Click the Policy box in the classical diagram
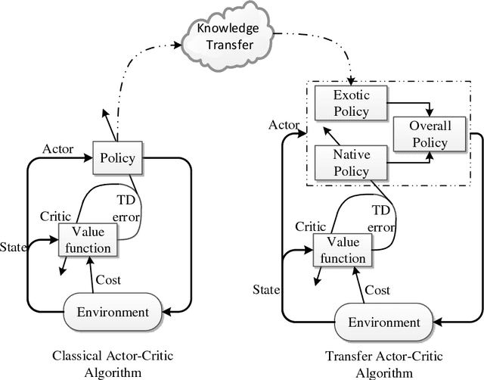coord(116,158)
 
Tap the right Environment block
coord(383,322)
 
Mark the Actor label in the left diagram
coord(58,148)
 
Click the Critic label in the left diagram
coord(54,216)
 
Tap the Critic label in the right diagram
coord(310,226)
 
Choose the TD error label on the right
coord(382,220)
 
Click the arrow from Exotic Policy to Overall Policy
coord(408,104)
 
